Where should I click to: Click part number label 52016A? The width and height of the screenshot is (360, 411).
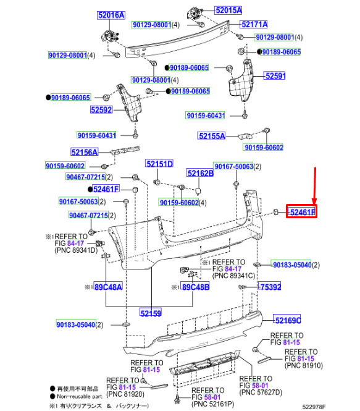pyautogui.click(x=111, y=15)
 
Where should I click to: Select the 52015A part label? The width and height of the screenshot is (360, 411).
pyautogui.click(x=228, y=11)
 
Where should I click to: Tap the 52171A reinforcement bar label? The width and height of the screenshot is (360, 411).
pyautogui.click(x=254, y=24)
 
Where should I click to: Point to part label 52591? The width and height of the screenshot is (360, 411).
pyautogui.click(x=275, y=76)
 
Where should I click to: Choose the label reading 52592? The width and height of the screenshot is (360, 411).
pyautogui.click(x=102, y=109)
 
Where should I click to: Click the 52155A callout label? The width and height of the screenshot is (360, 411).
pyautogui.click(x=212, y=136)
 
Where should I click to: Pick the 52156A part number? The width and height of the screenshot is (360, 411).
pyautogui.click(x=85, y=152)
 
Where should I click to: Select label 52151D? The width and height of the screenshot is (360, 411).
pyautogui.click(x=159, y=164)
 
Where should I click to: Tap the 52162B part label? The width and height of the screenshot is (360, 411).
pyautogui.click(x=200, y=173)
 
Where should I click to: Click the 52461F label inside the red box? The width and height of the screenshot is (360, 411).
pyautogui.click(x=302, y=212)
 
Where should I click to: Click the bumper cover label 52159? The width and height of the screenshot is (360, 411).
pyautogui.click(x=151, y=313)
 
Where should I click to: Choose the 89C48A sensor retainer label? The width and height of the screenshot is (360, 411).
pyautogui.click(x=108, y=287)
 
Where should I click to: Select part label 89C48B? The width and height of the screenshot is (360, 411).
pyautogui.click(x=195, y=287)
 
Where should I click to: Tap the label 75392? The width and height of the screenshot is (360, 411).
pyautogui.click(x=270, y=287)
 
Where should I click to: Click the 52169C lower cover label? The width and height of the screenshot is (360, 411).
pyautogui.click(x=287, y=320)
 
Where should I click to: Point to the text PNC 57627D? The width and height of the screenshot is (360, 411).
pyautogui.click(x=261, y=392)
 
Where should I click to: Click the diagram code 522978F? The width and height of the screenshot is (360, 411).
pyautogui.click(x=314, y=407)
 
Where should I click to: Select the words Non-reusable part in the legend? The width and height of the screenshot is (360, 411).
pyautogui.click(x=80, y=396)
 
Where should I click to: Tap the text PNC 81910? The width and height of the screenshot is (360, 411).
pyautogui.click(x=304, y=365)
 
